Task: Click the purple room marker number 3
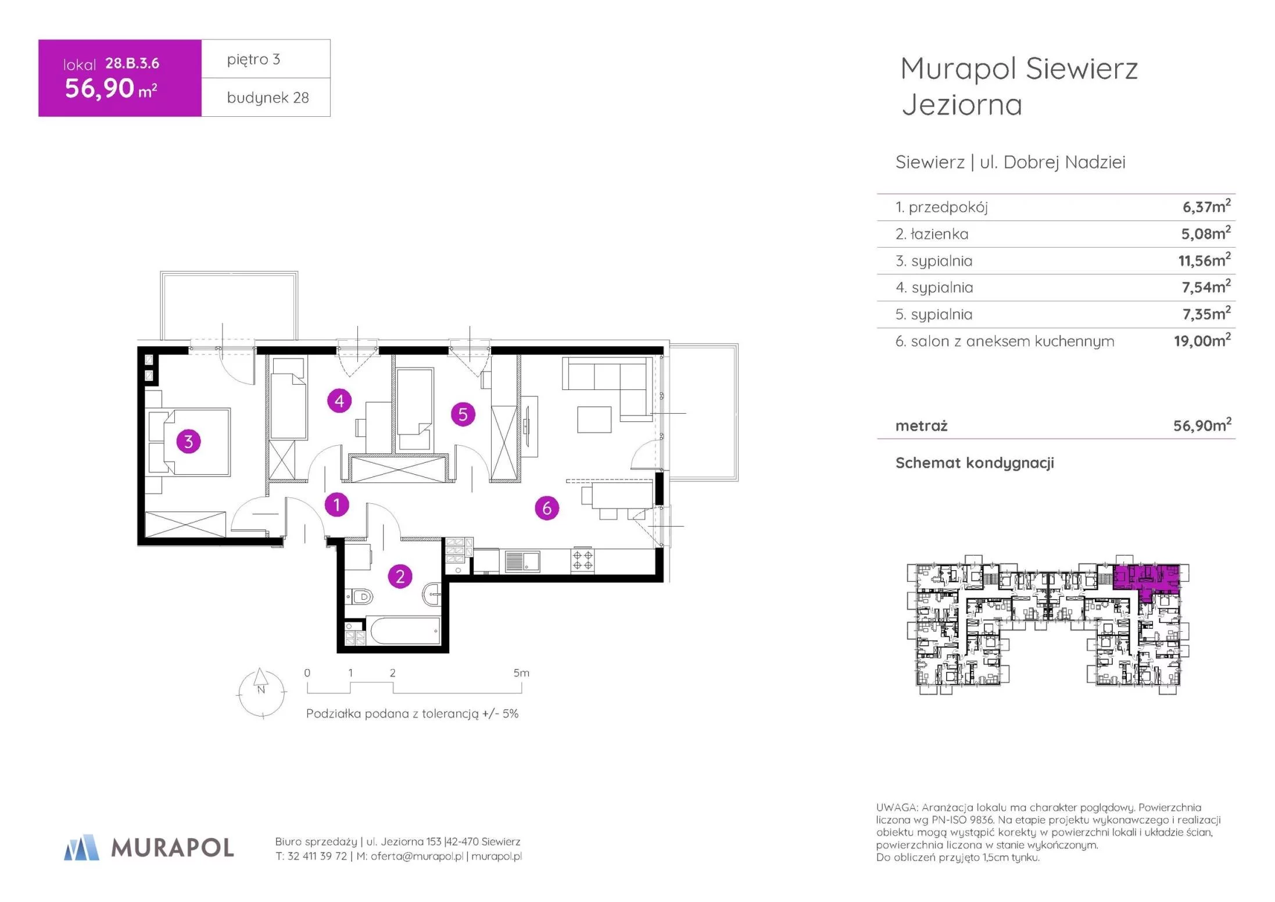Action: coord(188,442)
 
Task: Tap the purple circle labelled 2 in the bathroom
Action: coord(400,577)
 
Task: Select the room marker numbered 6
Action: coord(547,508)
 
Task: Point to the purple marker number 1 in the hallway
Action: coord(336,504)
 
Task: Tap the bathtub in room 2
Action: coord(405,631)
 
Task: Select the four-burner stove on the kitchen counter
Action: coord(582,560)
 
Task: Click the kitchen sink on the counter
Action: coord(522,561)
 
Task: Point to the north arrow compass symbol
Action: coord(262,693)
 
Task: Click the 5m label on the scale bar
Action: coord(521,673)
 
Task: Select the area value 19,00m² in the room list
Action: coord(1202,341)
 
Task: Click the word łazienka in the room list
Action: coord(940,234)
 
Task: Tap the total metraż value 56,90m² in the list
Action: coord(1202,425)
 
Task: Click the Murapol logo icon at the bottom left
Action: coord(81,847)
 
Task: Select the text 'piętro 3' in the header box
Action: coord(253,59)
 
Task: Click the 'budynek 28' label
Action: coord(268,98)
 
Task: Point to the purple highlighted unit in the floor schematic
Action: coord(1146,578)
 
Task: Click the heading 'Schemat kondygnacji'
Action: coord(975,463)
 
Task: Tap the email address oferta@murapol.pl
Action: coord(417,856)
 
